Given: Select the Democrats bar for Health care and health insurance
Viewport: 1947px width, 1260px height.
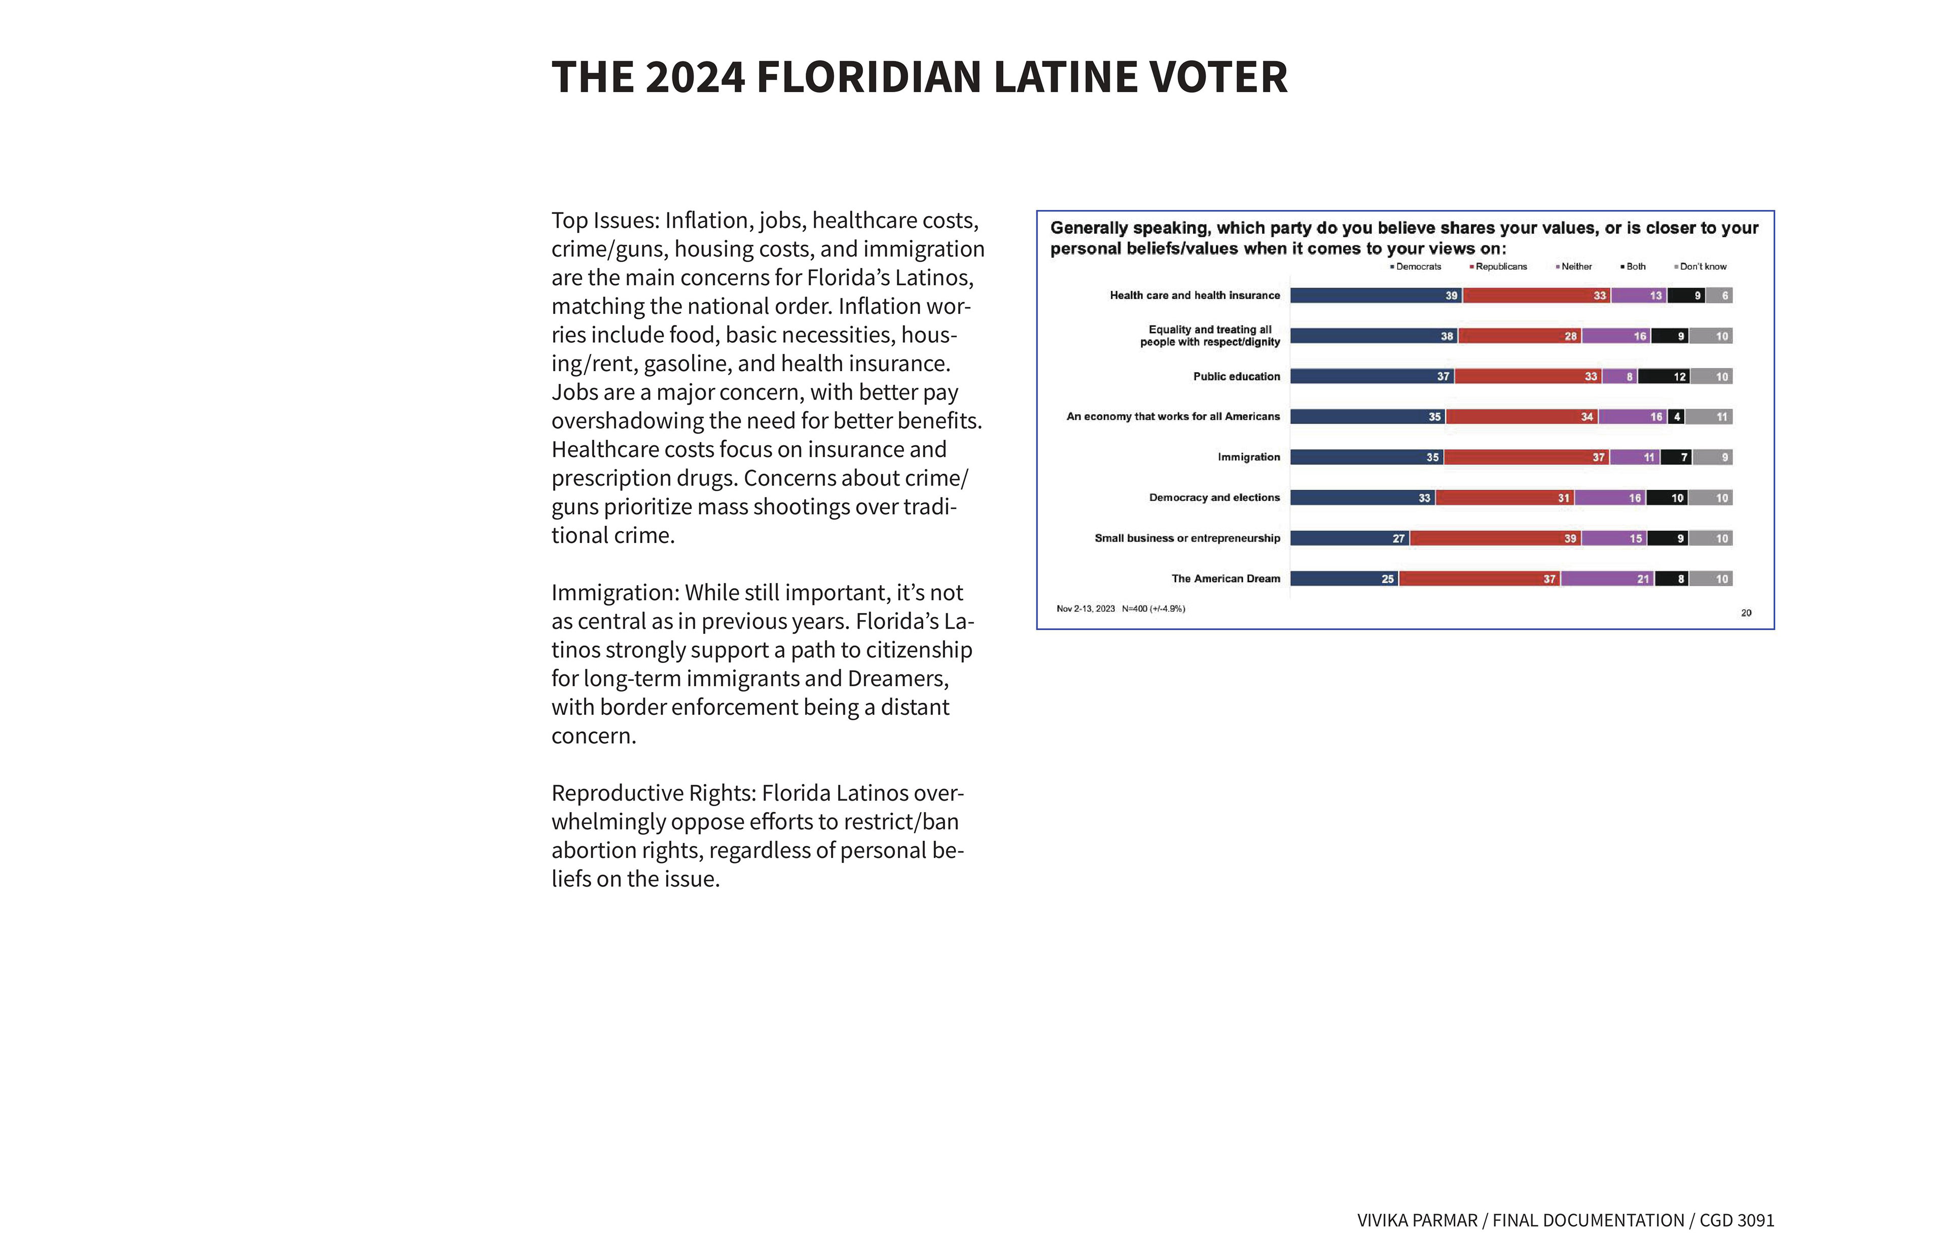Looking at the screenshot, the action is click(1376, 296).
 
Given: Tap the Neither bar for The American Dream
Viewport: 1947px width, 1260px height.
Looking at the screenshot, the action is click(1607, 579).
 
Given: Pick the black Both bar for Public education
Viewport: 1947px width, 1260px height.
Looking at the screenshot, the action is click(1664, 376).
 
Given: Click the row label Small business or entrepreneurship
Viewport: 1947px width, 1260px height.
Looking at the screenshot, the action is click(1187, 537).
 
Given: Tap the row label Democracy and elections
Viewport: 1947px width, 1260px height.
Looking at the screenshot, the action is click(1214, 497).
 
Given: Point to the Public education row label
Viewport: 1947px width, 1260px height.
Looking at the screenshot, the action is click(1236, 376).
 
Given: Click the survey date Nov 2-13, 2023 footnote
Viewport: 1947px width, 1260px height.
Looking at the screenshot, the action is click(1086, 609).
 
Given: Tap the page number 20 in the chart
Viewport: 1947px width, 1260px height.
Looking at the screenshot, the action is click(1746, 613).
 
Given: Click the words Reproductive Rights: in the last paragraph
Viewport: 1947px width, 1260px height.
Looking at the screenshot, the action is click(654, 793).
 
